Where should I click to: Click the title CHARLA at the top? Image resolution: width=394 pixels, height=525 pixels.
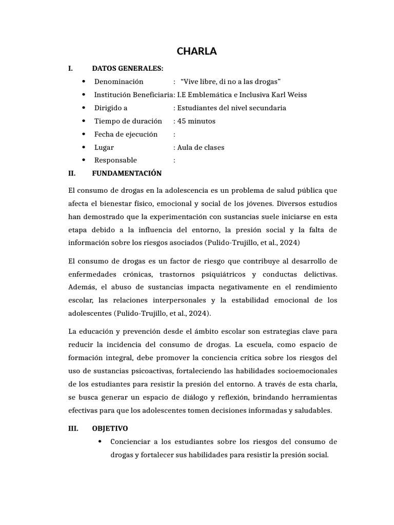[197, 51]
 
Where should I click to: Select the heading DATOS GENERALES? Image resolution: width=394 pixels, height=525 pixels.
[127, 68]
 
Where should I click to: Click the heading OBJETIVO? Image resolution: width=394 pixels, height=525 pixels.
[110, 429]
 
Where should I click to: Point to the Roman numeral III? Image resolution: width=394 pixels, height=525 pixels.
[73, 429]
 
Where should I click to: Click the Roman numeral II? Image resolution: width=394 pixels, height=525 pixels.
[72, 174]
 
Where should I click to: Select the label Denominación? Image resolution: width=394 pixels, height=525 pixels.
[119, 82]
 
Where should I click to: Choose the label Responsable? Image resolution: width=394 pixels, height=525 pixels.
[115, 160]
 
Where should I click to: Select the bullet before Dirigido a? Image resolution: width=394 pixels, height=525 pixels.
[83, 108]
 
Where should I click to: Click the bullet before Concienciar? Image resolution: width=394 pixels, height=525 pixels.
[100, 442]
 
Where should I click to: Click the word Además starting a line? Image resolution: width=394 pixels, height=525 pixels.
[83, 286]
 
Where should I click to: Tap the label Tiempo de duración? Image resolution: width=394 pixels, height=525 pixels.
[128, 121]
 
